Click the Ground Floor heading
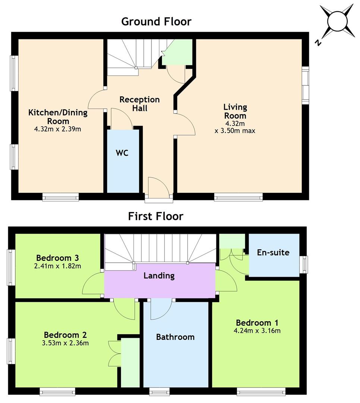(x=156, y=22)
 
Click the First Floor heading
(x=156, y=216)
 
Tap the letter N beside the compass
(x=318, y=43)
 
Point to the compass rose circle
(x=338, y=22)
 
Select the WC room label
(x=122, y=153)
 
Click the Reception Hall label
(x=140, y=104)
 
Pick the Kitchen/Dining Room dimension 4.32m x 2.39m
(x=57, y=129)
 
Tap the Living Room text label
(x=235, y=111)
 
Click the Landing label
(x=159, y=276)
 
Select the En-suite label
(x=273, y=252)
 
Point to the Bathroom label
(x=175, y=337)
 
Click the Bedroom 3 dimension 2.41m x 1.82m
(x=57, y=266)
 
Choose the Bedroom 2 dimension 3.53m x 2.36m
(x=65, y=343)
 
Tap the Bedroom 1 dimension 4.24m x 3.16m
(x=257, y=331)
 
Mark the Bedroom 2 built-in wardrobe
(x=130, y=362)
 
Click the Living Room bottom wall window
(x=238, y=197)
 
